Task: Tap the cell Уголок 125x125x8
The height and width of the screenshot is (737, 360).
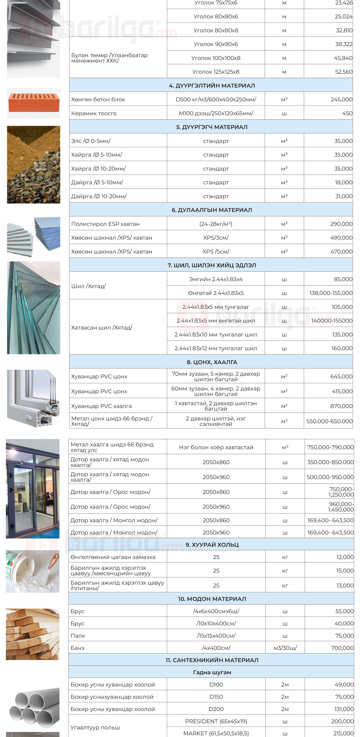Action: tap(216, 72)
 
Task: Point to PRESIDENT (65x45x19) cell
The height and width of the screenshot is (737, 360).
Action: tap(216, 721)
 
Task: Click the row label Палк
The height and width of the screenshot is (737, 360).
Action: tap(78, 636)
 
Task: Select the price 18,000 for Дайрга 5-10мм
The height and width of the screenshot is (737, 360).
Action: tap(343, 182)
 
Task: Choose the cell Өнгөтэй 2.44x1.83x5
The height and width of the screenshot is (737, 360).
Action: tap(216, 293)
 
